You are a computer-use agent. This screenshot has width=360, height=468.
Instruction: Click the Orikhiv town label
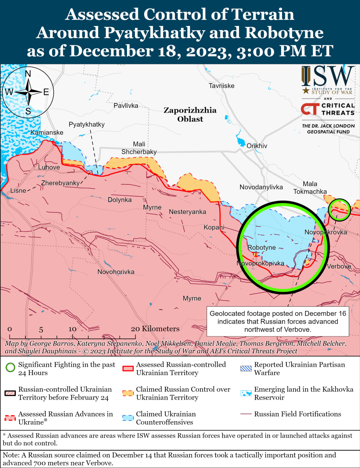point(256,146)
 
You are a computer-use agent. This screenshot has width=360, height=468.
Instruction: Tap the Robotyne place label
point(262,248)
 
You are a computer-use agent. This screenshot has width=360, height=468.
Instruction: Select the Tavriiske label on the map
point(221,86)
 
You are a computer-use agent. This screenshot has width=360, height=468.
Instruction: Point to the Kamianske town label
point(47,132)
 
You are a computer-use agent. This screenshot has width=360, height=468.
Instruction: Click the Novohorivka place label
point(116,272)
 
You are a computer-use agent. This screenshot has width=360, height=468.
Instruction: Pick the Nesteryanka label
point(187,212)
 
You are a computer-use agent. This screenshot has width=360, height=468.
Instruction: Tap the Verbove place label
point(339,267)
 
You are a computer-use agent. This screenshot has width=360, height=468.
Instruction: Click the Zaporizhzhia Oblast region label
point(190,114)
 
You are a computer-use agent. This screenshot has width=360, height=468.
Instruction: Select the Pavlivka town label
point(126,106)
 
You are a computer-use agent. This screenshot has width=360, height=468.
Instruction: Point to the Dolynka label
point(120,200)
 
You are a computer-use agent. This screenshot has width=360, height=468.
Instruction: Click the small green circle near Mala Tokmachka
point(340,210)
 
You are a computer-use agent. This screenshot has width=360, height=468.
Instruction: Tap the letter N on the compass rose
point(28,74)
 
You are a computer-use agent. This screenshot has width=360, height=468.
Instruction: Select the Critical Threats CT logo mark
point(310,109)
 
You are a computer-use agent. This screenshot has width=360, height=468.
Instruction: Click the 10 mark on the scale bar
point(72,329)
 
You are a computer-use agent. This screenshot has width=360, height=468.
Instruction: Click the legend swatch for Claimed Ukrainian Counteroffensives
point(128,418)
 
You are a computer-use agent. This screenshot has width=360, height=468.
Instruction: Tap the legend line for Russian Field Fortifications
point(245,414)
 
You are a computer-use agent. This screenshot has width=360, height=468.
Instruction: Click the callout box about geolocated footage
point(278,321)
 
